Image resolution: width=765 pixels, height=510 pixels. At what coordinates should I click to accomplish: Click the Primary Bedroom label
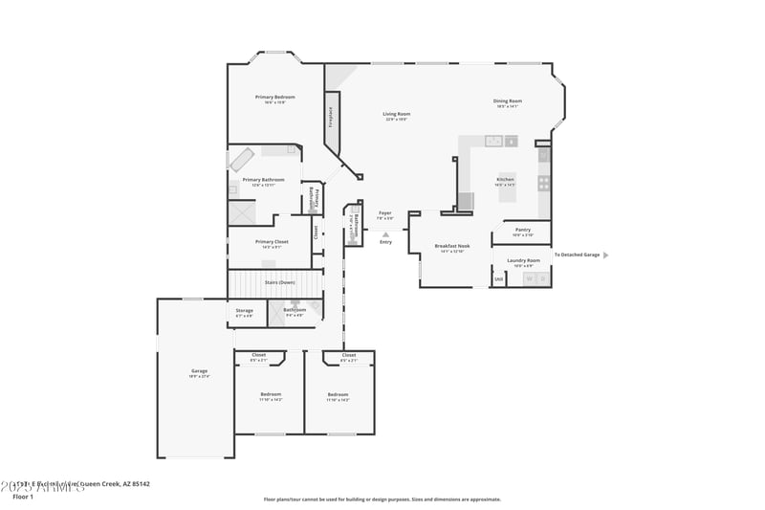[274, 97]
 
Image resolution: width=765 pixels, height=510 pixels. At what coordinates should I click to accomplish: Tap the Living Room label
[396, 114]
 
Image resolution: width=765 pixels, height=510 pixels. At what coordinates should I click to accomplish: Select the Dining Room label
[507, 100]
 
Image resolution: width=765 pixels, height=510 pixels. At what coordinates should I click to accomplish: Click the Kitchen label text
[505, 179]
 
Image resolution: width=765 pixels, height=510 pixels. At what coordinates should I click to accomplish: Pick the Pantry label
[522, 230]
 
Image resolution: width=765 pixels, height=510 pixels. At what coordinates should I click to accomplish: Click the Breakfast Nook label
[451, 246]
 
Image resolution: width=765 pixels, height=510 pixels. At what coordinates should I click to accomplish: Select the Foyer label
[385, 212]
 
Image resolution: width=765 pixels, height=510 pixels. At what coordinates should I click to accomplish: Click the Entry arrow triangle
[385, 233]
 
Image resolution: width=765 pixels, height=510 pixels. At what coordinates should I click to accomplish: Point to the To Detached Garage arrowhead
[605, 255]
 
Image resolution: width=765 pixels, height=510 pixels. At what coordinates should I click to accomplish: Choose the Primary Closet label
[271, 241]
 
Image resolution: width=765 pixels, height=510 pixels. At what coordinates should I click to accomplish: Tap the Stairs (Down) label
[279, 282]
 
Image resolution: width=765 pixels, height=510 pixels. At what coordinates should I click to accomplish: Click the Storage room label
[245, 310]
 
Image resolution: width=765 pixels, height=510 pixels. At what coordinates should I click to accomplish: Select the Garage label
[199, 370]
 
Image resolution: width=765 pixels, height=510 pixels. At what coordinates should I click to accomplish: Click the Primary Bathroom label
[263, 179]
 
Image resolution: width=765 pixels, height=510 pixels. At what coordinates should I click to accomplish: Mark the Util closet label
[498, 278]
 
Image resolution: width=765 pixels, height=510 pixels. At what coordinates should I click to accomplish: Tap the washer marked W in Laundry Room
[528, 278]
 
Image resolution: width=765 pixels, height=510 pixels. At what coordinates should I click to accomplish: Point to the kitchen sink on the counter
[494, 142]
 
